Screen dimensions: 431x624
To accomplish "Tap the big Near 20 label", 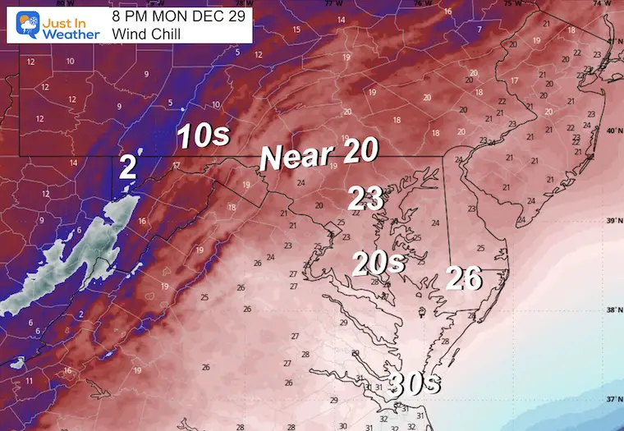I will [319, 154].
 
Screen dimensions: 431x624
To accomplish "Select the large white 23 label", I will [366, 198].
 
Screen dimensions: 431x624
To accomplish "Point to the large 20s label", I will [379, 264].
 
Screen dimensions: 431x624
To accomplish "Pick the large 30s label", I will [414, 383].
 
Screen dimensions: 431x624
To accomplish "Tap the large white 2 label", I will [127, 167].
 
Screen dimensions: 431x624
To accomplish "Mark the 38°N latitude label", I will [612, 310].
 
